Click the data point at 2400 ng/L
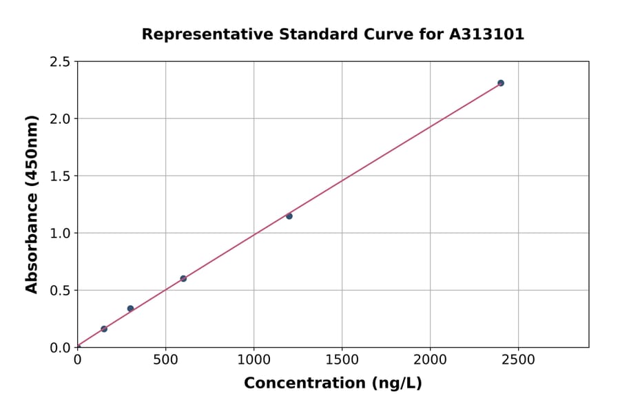501,83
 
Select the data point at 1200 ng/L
289,216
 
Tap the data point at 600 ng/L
183,279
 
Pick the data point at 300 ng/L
130,308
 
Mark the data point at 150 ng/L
104,329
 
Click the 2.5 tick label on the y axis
60,62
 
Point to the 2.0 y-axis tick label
60,119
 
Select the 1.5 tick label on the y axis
60,176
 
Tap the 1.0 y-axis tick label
60,233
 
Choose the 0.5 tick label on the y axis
60,291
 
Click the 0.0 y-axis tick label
60,348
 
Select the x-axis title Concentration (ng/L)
333,384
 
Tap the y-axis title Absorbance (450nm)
32,204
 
